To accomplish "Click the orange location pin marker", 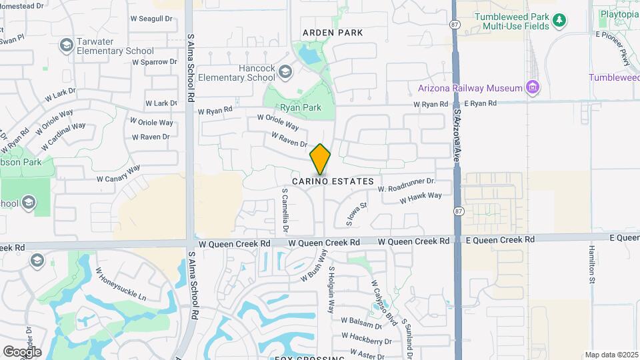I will coord(321,159).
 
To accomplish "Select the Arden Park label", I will coord(333,33).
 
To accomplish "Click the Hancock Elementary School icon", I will coord(285,71).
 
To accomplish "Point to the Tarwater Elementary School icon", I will coord(66,45).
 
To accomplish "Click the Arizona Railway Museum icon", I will coord(532,87).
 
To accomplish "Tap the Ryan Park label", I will coord(301,107).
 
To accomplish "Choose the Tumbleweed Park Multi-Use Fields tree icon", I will coord(560,20).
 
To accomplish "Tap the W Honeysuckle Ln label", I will coord(121,284).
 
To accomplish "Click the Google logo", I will coord(22,351).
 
